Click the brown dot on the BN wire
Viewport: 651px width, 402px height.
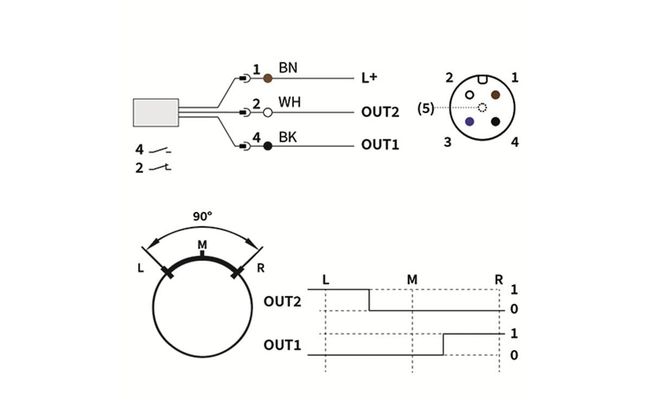coord(267,79)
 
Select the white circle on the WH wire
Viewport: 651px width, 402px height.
coord(267,113)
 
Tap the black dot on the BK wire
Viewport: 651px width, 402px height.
coord(267,146)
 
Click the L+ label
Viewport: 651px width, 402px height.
coord(369,79)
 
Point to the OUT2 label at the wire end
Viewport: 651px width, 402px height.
coord(380,113)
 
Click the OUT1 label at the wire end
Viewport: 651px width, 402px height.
coord(380,146)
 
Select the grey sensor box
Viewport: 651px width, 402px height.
coord(156,112)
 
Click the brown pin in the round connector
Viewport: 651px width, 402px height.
coord(495,94)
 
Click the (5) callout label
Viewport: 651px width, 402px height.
coord(425,108)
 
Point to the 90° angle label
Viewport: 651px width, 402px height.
coord(202,216)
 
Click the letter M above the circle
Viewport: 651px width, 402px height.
coord(202,245)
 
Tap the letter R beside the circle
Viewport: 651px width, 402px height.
coord(260,269)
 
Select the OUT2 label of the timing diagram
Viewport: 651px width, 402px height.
coord(282,302)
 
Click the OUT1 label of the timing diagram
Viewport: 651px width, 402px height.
coord(282,345)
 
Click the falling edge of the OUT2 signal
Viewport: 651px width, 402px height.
coord(369,300)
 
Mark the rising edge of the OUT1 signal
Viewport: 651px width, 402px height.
coord(443,344)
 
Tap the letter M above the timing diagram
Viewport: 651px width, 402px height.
coord(412,280)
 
